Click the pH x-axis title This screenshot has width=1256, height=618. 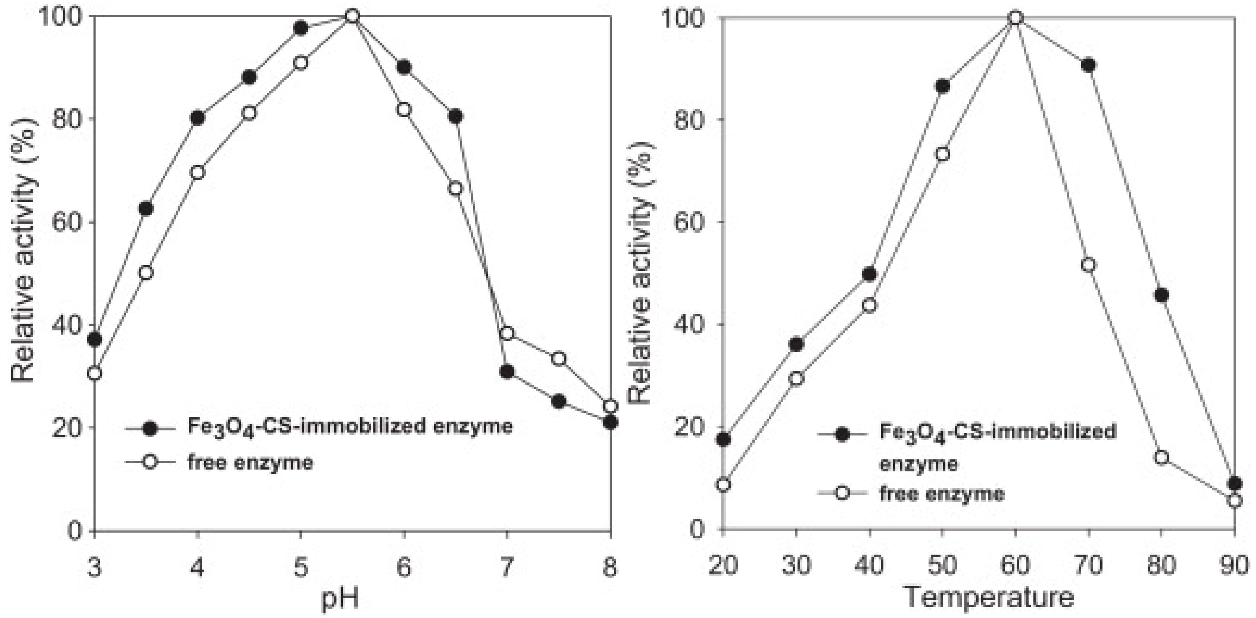(340, 598)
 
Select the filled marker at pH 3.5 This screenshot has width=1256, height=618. (146, 208)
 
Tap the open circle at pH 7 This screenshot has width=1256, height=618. (507, 333)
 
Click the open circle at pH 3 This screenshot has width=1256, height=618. (94, 374)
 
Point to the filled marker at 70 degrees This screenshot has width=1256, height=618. (1088, 65)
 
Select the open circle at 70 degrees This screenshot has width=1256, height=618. (1088, 265)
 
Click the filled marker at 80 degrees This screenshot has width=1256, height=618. (1161, 295)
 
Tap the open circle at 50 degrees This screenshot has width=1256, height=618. (942, 154)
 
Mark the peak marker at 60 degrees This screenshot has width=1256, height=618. (1016, 18)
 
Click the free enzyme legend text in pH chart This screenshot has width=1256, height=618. (250, 462)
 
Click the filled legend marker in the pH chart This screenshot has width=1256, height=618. (150, 428)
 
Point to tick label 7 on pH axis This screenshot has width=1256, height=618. (507, 567)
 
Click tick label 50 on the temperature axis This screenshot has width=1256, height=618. (942, 565)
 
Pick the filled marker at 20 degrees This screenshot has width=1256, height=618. (724, 439)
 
